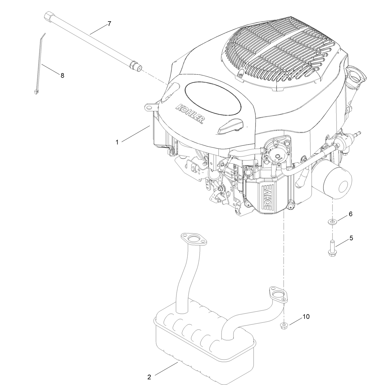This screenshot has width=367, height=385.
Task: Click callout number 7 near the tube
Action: pyautogui.click(x=109, y=24)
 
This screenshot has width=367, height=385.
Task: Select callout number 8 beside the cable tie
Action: pyautogui.click(x=62, y=75)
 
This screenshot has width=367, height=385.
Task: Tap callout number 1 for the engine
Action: pyautogui.click(x=117, y=142)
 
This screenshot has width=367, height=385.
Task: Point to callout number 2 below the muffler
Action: pyautogui.click(x=149, y=377)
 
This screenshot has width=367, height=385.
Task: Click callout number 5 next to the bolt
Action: pyautogui.click(x=351, y=238)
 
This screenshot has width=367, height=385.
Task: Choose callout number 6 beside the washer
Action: pyautogui.click(x=350, y=214)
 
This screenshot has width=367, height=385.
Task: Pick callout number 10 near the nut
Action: pyautogui.click(x=306, y=317)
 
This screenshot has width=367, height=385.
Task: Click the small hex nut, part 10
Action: pyautogui.click(x=283, y=326)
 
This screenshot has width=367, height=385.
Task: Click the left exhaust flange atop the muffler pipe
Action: pyautogui.click(x=193, y=240)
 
